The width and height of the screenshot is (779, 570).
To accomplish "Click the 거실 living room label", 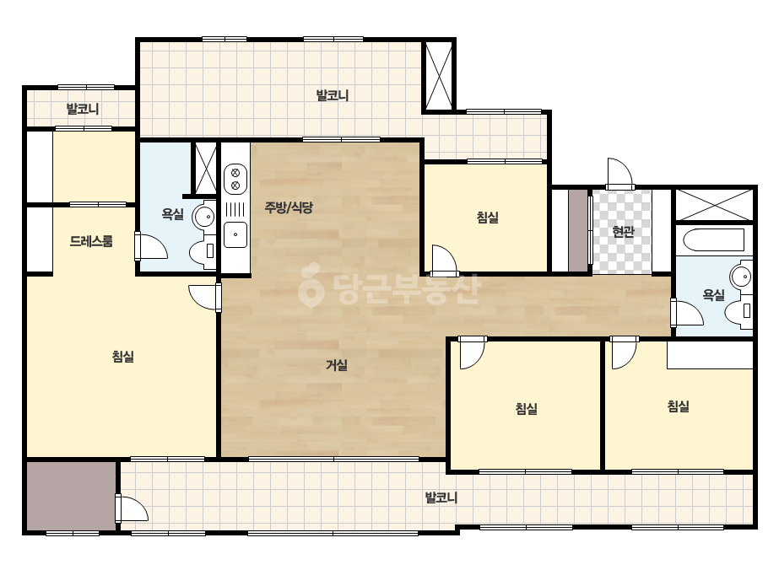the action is click(337, 365).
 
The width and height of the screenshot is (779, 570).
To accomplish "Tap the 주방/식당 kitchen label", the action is click(289, 207).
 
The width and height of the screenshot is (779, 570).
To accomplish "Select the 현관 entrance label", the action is click(623, 231).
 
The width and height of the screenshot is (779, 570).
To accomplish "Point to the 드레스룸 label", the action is click(91, 241).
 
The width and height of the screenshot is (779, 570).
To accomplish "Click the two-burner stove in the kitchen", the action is click(235, 180).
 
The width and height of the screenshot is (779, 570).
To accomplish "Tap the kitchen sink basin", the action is click(235, 234).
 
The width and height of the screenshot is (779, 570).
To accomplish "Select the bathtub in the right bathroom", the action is click(713, 240).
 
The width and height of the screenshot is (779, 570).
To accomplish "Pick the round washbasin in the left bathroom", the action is click(203, 216).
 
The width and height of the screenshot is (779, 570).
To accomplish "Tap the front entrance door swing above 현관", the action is click(620, 174).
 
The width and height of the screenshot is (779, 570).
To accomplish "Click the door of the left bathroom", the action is click(151, 245).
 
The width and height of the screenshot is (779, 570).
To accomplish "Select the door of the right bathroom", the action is click(687, 312).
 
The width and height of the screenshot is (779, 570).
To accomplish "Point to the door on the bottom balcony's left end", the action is click(132, 508).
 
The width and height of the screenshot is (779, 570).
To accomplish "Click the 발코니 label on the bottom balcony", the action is click(441, 497).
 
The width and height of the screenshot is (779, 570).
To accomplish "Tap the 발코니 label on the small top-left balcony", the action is click(83, 109).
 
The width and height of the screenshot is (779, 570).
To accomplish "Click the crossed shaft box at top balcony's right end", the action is click(439, 76).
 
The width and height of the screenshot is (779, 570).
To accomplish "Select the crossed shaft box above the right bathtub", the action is click(714, 205).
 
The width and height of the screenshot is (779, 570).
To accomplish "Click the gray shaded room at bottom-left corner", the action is click(71, 497).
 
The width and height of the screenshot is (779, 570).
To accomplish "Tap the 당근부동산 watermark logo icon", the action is click(311, 286).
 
